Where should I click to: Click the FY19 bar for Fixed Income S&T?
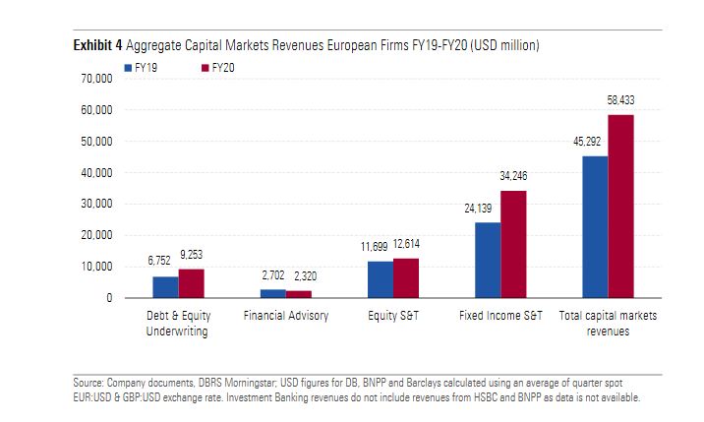pos(488,260)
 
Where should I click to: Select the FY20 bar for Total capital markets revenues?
pos(620,207)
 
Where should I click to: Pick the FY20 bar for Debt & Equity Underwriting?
pos(192,283)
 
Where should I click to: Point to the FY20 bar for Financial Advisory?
pos(299,294)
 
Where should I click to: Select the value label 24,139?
pos(479,209)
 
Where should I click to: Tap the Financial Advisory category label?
pos(285,316)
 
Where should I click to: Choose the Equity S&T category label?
pos(392,316)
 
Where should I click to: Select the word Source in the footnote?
pos(88,382)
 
